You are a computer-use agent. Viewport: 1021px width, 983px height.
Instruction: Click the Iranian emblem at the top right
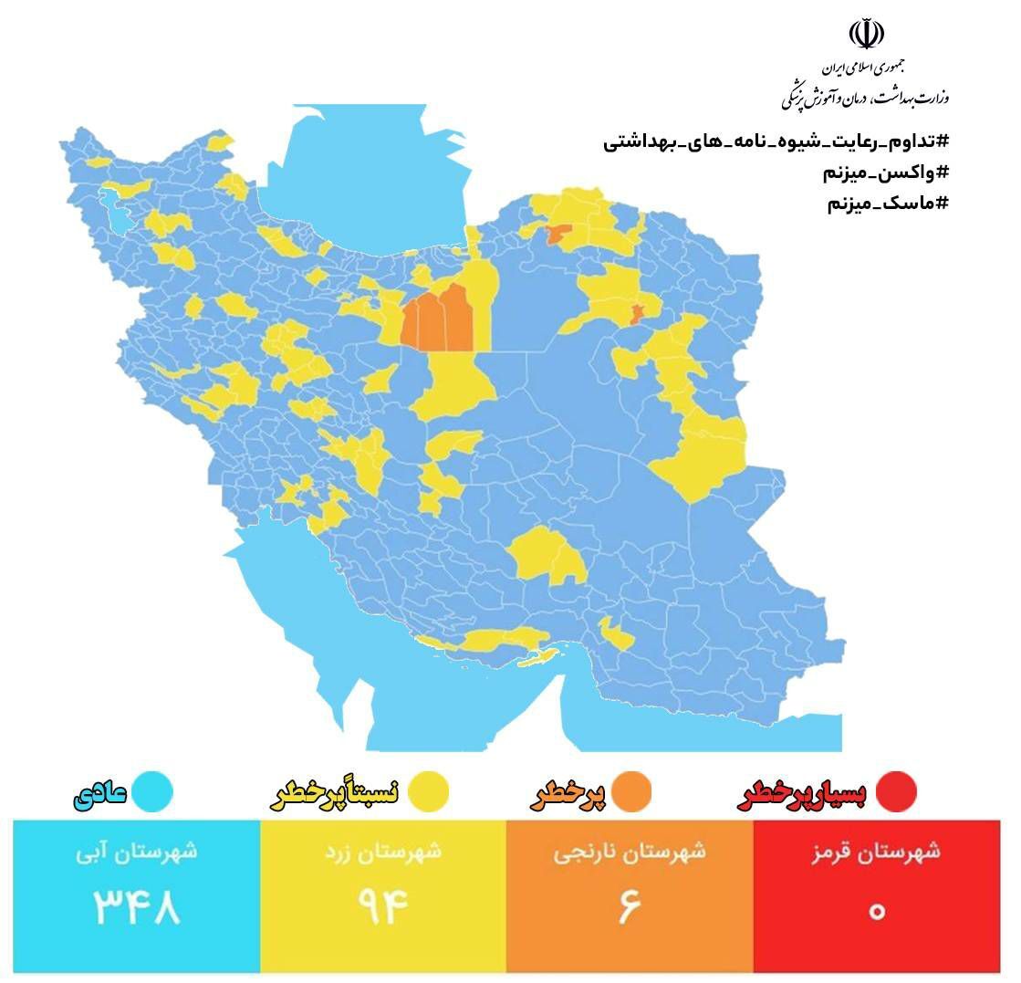(x=866, y=35)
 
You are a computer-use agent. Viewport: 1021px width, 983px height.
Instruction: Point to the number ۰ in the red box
(x=877, y=909)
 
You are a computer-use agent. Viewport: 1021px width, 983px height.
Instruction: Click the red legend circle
(x=895, y=791)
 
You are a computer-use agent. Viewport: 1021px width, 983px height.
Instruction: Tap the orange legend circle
(x=631, y=791)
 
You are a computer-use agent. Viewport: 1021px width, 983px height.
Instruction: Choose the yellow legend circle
(x=426, y=791)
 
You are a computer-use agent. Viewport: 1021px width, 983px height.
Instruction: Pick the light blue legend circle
(x=152, y=791)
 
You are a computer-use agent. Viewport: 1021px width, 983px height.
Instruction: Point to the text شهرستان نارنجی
(x=630, y=852)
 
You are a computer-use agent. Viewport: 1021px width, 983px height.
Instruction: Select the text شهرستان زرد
(x=383, y=852)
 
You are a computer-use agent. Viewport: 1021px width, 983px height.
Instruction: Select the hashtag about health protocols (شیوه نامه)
(x=776, y=142)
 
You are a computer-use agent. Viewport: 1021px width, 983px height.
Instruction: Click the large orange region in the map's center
(x=438, y=319)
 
